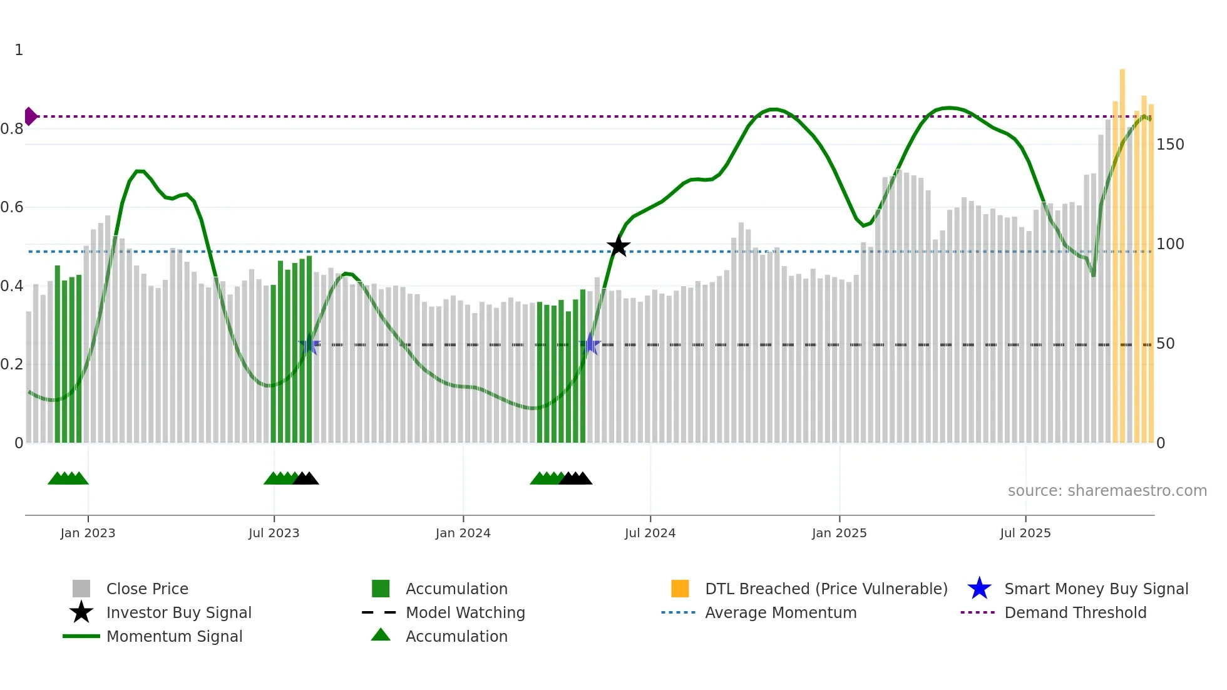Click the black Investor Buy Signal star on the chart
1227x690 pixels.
coord(618,246)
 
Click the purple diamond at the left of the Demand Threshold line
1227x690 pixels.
coord(30,116)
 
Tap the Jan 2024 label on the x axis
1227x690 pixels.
coord(463,533)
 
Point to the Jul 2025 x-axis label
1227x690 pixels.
coord(1025,533)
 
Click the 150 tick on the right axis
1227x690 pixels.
coord(1169,145)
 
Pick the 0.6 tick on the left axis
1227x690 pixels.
coord(13,207)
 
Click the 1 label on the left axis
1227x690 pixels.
coord(19,50)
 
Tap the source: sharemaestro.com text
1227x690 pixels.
coord(1107,491)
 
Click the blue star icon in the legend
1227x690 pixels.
coord(979,589)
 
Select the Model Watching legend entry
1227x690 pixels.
coord(465,612)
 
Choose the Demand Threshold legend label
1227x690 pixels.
coord(1075,612)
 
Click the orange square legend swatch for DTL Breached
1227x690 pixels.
coord(680,589)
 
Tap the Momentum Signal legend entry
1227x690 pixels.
coord(174,636)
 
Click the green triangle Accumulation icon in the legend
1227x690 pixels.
coord(381,635)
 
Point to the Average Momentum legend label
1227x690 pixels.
coord(780,612)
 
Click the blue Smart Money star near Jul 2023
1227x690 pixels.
coord(309,344)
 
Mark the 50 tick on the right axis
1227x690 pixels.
coord(1165,344)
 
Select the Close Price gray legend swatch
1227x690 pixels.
coord(81,589)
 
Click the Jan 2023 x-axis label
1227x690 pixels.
coord(88,533)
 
